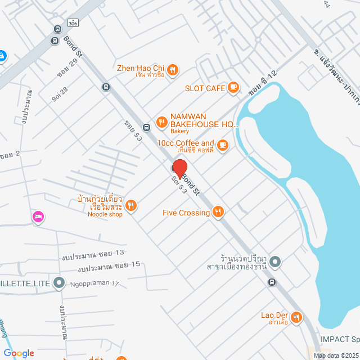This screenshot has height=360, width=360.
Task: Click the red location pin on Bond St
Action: pyautogui.click(x=179, y=169)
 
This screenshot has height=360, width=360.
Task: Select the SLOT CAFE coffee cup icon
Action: pyautogui.click(x=233, y=88)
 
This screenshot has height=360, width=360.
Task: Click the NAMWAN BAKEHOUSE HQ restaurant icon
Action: pyautogui.click(x=162, y=121)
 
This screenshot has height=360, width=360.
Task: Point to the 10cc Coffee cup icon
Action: pyautogui.click(x=223, y=145)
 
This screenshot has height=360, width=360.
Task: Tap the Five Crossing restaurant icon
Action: pyautogui.click(x=219, y=212)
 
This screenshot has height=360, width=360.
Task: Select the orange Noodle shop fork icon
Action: pyautogui.click(x=131, y=206)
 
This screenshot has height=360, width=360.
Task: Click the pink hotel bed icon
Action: pyautogui.click(x=38, y=216)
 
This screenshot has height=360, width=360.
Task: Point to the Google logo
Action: pyautogui.click(x=18, y=353)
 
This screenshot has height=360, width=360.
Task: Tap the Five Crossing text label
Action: pyautogui.click(x=186, y=213)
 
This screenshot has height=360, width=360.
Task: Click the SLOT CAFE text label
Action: pyautogui.click(x=205, y=88)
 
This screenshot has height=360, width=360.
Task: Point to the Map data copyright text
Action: pyautogui.click(x=335, y=355)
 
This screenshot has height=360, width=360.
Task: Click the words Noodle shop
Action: pyautogui.click(x=105, y=214)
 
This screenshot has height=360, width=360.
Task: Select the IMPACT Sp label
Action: pyautogui.click(x=339, y=339)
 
